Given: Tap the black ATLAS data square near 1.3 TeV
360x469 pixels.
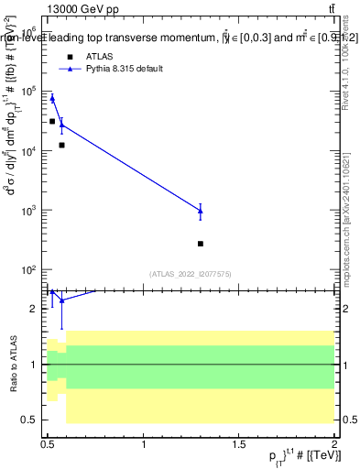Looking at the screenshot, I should point(200,244).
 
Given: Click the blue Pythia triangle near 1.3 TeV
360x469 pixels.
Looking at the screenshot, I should point(200,211).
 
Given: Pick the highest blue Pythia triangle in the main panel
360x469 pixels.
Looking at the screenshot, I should point(52,98).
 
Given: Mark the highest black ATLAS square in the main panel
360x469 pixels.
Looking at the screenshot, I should point(52,121).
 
